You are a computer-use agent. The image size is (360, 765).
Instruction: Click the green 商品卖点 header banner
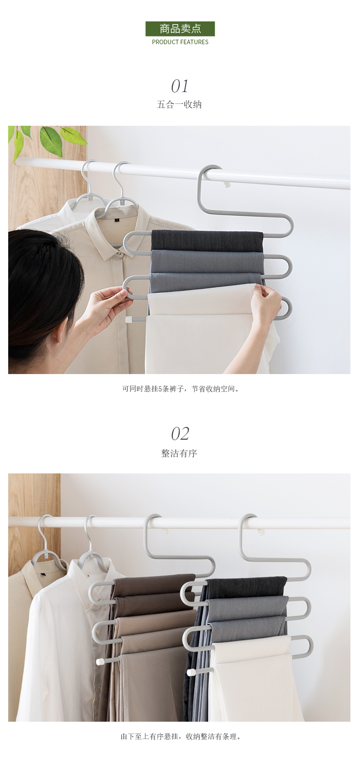[180, 29]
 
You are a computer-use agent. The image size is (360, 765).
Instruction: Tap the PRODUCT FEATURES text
[180, 42]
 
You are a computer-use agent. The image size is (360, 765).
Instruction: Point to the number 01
[180, 86]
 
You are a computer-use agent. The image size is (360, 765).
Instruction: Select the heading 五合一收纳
[180, 104]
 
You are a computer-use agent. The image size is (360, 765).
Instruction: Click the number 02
[180, 434]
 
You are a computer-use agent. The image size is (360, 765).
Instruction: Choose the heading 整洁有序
[180, 453]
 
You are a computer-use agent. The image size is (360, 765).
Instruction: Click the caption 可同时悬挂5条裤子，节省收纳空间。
[180, 389]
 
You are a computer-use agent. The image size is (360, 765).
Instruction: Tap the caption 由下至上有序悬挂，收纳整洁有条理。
[180, 736]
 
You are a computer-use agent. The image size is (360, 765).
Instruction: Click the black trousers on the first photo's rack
[206, 240]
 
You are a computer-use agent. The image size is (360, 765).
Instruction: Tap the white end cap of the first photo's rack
[129, 320]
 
